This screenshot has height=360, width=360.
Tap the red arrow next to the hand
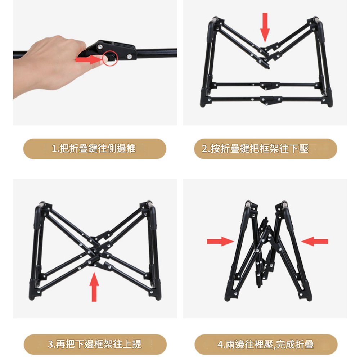[89, 59]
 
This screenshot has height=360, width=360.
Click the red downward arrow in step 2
[265, 27]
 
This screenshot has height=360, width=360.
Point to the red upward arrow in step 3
[94, 287]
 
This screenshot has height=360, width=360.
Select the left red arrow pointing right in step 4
[220, 241]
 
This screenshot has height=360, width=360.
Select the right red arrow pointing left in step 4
[315, 241]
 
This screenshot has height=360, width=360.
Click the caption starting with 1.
[94, 149]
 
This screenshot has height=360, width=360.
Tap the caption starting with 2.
[255, 149]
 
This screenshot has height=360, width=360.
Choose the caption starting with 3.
[95, 344]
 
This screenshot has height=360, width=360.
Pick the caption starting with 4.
[265, 344]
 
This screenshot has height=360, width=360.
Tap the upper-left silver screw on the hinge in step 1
[100, 46]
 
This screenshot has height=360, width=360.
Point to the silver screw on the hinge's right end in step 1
[129, 56]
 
